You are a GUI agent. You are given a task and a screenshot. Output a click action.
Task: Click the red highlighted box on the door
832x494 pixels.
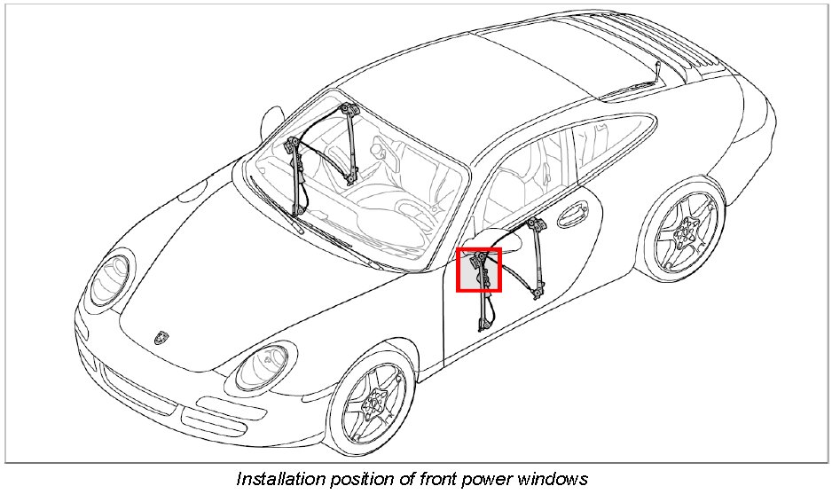pos(479,270)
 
